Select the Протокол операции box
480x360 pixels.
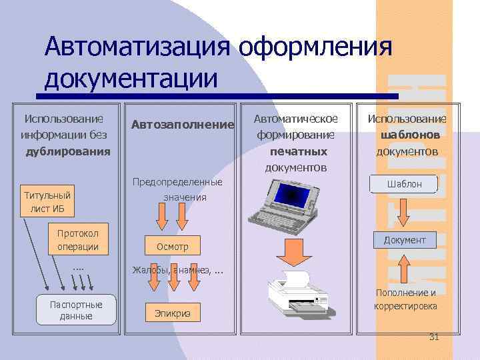pos(77,240)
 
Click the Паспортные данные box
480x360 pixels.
pos(76,310)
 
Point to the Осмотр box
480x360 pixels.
pos(172,247)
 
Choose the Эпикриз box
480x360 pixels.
pos(172,312)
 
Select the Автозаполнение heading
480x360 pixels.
pos(183,125)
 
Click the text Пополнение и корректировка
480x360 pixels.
pos(405,299)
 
